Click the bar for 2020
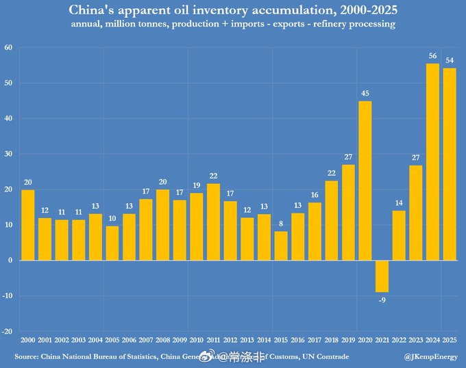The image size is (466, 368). pyautogui.click(x=365, y=181)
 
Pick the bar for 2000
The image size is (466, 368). pyautogui.click(x=28, y=225)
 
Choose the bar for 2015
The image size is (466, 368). pyautogui.click(x=281, y=246)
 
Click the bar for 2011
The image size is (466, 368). pyautogui.click(x=214, y=222)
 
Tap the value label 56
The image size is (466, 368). pyautogui.click(x=432, y=56)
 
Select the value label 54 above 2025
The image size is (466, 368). pyautogui.click(x=450, y=61)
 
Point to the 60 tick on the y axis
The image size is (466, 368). pyautogui.click(x=8, y=48)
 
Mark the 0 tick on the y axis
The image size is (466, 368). pyautogui.click(x=11, y=261)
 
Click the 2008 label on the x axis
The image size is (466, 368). pyautogui.click(x=163, y=340)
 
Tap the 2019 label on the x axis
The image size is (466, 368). pyautogui.click(x=348, y=340)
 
